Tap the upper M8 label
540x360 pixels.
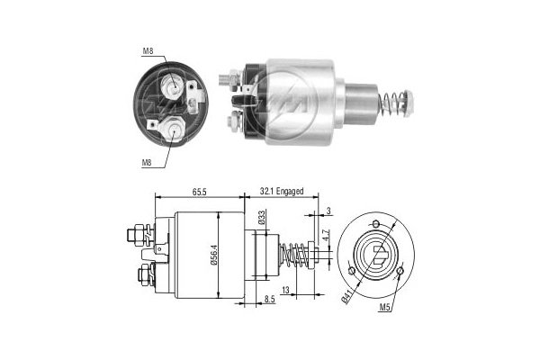tap(147, 51)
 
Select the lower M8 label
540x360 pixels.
tap(146, 163)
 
